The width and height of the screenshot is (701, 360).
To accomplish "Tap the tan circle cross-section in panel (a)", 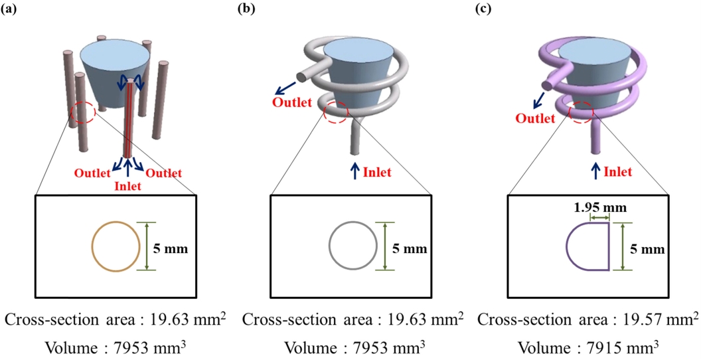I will point(116,246).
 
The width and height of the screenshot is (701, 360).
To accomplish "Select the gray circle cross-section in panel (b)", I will point(354,246).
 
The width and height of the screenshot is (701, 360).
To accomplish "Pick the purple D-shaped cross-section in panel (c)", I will point(588,246).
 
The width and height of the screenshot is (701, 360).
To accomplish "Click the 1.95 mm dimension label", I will point(601,207).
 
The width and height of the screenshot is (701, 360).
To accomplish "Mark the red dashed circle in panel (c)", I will point(582,112).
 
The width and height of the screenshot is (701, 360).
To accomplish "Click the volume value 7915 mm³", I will point(611,347).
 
